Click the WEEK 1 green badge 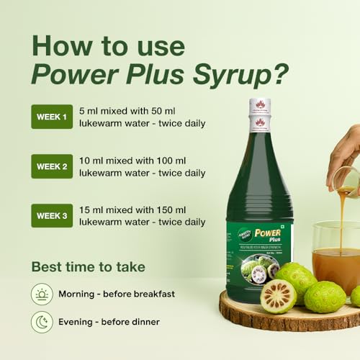pos(52,117)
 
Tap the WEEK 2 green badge pos(52,166)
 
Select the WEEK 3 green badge pos(52,215)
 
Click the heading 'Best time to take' pos(88,267)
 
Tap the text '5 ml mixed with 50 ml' pos(133,110)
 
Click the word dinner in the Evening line pos(144,322)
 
